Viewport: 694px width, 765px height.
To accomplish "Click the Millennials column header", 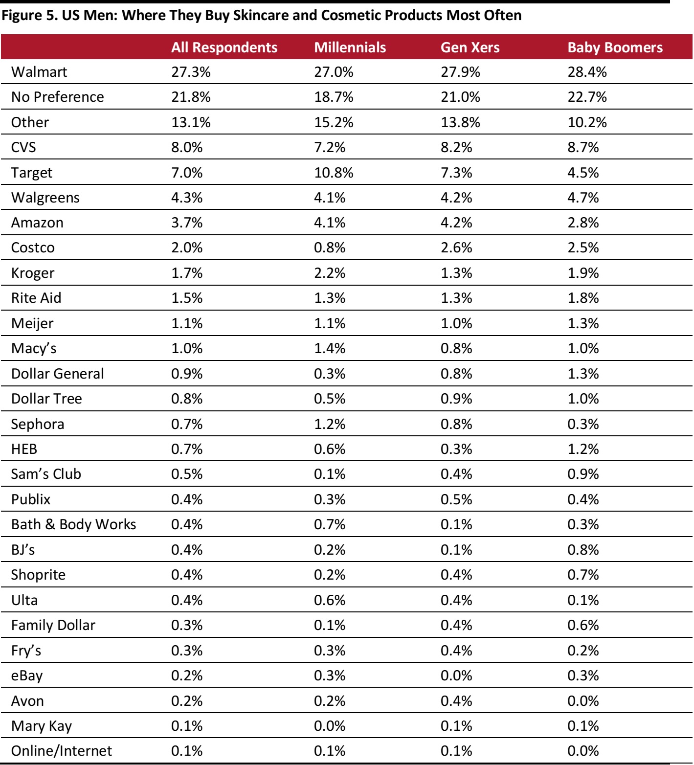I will click(350, 47).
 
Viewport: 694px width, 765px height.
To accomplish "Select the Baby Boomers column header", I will click(615, 47).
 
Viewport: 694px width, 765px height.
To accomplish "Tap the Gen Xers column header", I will click(470, 47).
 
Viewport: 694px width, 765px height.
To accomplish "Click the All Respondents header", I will click(224, 47).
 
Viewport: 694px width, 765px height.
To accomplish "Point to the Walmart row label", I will click(39, 72).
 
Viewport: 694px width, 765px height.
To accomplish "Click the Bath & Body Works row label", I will click(73, 524).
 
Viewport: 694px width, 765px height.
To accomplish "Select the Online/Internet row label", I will click(62, 751).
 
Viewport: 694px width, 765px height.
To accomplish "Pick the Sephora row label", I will click(38, 424).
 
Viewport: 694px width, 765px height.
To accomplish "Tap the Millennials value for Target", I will click(334, 173).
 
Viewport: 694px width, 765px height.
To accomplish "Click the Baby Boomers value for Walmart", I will click(587, 72).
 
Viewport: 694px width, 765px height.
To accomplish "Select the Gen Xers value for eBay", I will click(456, 675).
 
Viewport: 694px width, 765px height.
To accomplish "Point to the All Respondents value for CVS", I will click(187, 147).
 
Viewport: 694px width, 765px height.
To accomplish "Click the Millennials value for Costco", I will click(330, 247).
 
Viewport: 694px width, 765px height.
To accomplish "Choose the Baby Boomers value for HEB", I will click(583, 449).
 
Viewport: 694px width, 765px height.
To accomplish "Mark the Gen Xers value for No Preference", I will click(460, 97).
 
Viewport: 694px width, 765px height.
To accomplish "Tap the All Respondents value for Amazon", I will click(187, 223).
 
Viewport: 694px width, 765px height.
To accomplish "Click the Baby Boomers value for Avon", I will click(583, 701).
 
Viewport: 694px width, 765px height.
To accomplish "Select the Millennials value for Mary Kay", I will click(330, 726).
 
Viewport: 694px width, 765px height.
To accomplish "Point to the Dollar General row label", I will click(58, 374).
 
